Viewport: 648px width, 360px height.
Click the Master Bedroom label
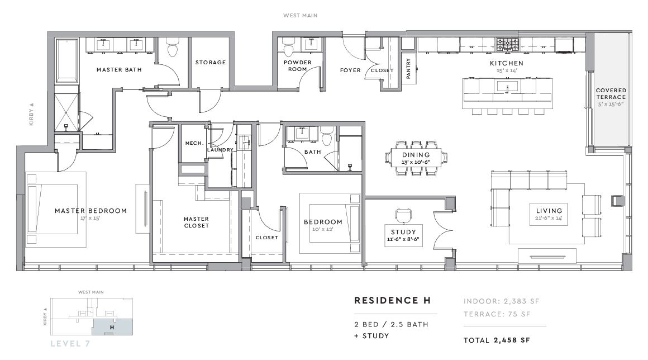90,211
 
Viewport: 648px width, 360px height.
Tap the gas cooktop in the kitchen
507,44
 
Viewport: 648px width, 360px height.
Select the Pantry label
409,68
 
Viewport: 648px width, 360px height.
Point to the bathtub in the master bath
66,61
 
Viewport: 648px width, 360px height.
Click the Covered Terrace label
611,93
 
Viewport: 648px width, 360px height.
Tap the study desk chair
403,215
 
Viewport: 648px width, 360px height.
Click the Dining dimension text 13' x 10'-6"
416,162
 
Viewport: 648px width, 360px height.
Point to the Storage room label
211,63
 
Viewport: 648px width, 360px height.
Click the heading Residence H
393,301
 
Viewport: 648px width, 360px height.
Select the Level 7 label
70,343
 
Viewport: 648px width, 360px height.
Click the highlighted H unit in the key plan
112,327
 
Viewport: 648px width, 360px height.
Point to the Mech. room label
194,143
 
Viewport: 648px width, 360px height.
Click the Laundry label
220,150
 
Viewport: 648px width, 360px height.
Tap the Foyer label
350,70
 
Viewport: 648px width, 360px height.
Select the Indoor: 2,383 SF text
501,301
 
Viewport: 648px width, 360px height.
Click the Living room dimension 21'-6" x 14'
549,218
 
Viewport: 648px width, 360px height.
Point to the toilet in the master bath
172,48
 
